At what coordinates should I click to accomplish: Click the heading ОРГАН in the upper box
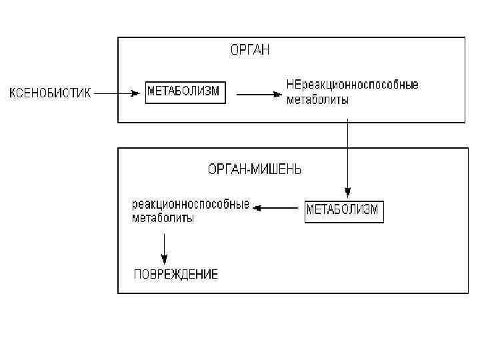(x=249, y=51)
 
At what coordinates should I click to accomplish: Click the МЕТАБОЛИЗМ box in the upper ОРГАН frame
(x=186, y=92)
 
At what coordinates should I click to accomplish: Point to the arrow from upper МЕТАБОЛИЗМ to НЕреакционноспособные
(x=257, y=94)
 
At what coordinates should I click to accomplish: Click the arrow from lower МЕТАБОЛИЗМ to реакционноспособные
(x=276, y=209)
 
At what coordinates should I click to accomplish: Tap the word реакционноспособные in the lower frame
(x=191, y=203)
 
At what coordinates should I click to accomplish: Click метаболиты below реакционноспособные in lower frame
(x=163, y=218)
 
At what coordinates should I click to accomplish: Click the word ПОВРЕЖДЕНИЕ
(x=176, y=275)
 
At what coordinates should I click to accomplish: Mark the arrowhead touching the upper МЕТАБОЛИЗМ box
(x=140, y=93)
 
